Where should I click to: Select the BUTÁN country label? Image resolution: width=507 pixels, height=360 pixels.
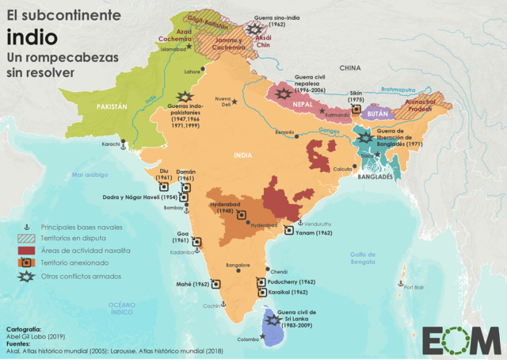[x=377, y=115]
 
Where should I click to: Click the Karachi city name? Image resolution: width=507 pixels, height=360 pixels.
[x=111, y=144]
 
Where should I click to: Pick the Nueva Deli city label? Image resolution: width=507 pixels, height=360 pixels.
[x=227, y=101]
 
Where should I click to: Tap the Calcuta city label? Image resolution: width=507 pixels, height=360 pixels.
[x=342, y=169]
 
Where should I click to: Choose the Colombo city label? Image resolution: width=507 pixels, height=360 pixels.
[x=247, y=339]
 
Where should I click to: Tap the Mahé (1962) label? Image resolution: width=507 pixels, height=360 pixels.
[x=193, y=283]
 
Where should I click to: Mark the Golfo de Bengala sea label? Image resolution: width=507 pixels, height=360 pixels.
[x=362, y=257]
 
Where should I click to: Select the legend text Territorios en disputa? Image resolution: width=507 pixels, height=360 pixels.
[x=75, y=238]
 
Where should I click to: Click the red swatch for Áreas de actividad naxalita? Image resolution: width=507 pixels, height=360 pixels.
[x=26, y=250]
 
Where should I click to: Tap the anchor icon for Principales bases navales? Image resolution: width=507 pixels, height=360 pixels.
[x=26, y=226]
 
